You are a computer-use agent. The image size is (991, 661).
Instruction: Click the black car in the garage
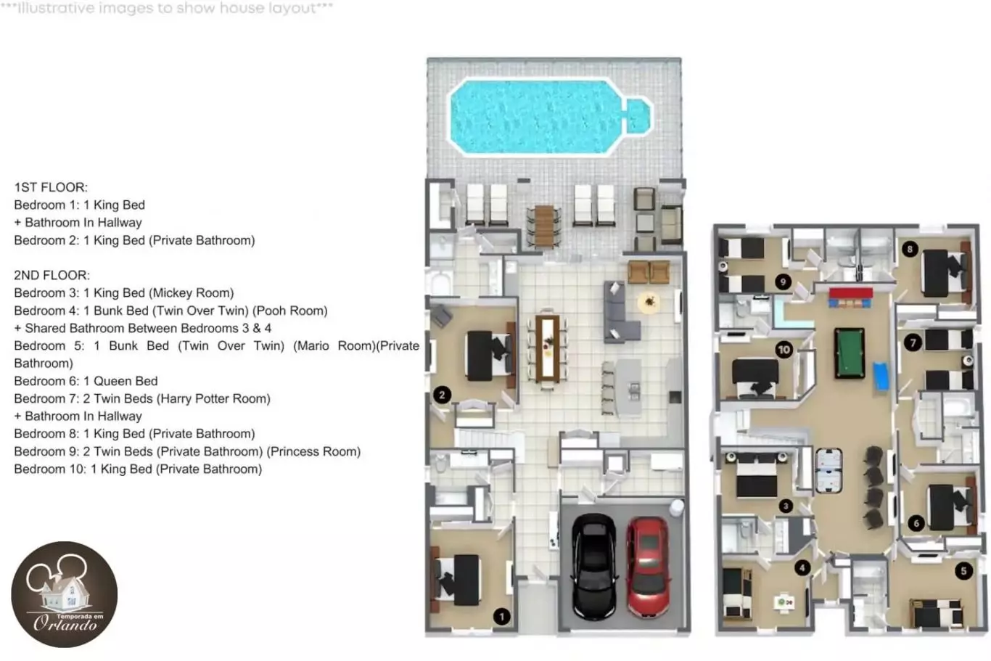coord(593,567)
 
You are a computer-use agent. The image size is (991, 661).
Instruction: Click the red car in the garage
coord(649,567)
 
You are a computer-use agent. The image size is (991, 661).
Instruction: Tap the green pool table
coord(850,353)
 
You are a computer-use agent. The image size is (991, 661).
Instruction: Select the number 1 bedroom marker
coord(501,616)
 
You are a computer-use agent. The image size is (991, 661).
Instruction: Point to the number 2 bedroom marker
coord(442,395)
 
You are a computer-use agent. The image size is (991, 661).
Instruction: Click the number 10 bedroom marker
coord(784,350)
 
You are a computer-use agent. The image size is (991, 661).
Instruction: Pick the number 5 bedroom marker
coord(963,571)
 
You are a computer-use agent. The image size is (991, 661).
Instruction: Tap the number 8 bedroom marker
coord(910,249)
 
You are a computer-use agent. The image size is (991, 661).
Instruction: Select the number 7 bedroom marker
coord(913,342)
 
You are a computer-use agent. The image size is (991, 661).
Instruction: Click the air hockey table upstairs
coord(828,470)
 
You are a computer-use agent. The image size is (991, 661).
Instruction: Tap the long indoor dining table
coord(548,348)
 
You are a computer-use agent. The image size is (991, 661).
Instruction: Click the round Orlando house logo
coord(65,594)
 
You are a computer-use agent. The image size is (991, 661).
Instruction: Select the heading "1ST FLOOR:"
coord(51,187)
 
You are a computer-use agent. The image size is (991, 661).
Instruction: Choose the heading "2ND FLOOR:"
coord(52,275)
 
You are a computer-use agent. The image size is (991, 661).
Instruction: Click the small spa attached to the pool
coord(638,116)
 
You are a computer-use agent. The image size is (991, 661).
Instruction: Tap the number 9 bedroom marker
coord(783,282)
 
